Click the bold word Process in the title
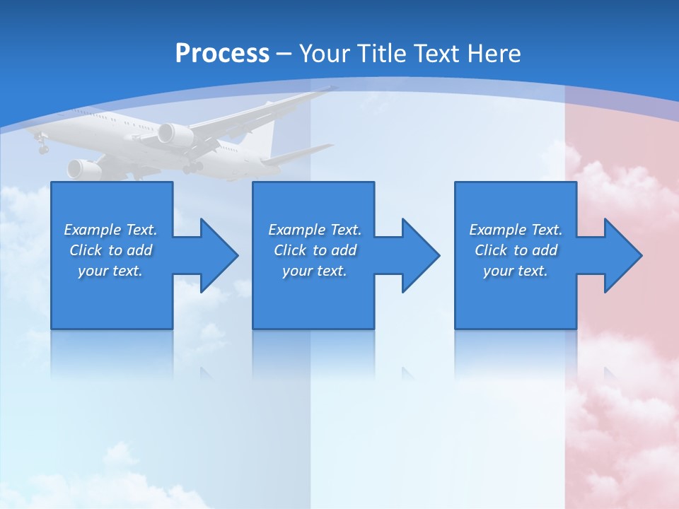tap(222, 53)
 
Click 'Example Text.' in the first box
tap(110, 230)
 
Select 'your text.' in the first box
tap(110, 271)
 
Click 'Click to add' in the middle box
tap(315, 250)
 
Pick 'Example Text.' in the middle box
tap(315, 230)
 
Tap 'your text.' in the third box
tap(516, 271)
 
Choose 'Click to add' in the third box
tap(516, 250)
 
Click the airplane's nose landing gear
tap(42, 146)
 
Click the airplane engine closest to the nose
tap(83, 169)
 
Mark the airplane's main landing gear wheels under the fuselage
tap(191, 168)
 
